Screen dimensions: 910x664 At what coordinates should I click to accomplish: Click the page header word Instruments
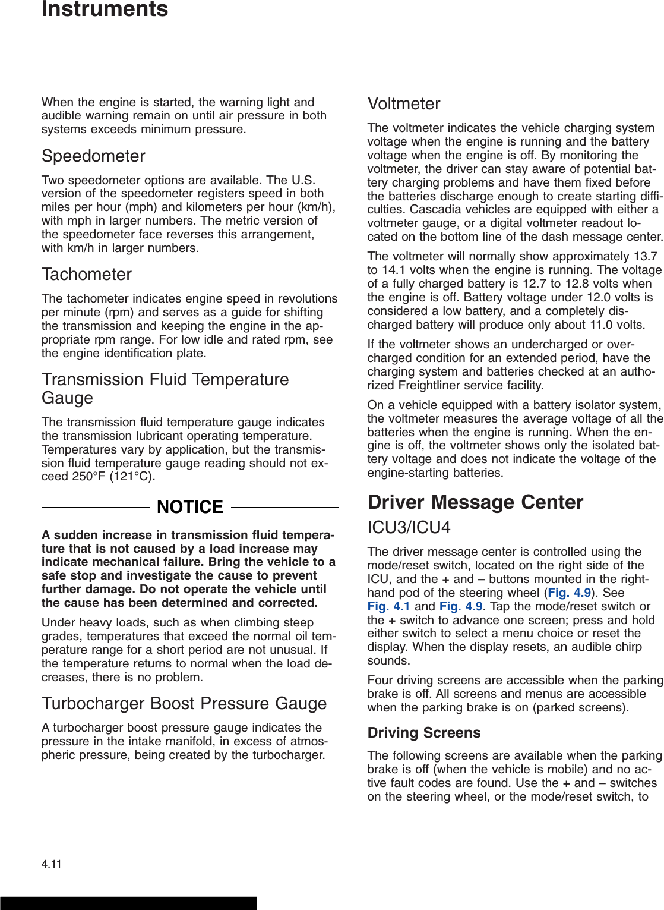tap(105, 9)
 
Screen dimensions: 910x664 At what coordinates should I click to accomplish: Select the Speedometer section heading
tap(93, 156)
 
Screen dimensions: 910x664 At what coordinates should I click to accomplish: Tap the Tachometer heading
tap(87, 275)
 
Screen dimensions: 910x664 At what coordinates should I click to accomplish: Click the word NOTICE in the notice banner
tap(190, 507)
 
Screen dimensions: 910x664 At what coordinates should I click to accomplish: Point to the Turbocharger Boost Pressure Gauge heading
tap(184, 704)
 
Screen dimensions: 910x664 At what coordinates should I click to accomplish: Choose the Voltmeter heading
tap(404, 104)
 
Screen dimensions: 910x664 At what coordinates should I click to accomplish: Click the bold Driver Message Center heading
tap(475, 502)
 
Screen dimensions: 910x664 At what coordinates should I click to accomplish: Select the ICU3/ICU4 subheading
tap(409, 528)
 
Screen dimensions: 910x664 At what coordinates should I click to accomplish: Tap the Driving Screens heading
tap(424, 733)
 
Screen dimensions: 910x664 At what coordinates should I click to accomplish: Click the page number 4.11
tap(52, 864)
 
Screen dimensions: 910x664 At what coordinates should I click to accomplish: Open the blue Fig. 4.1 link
tap(388, 606)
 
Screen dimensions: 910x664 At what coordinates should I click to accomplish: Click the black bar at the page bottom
tap(128, 903)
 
